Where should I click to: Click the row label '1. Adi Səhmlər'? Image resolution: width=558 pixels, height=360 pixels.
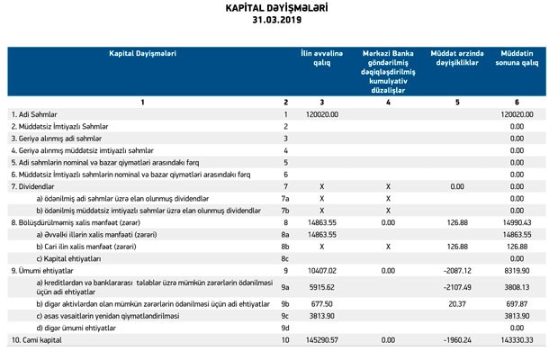[39, 114]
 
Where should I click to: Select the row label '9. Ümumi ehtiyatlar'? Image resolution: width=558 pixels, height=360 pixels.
[46, 268]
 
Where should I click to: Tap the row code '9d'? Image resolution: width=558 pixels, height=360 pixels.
[285, 328]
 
